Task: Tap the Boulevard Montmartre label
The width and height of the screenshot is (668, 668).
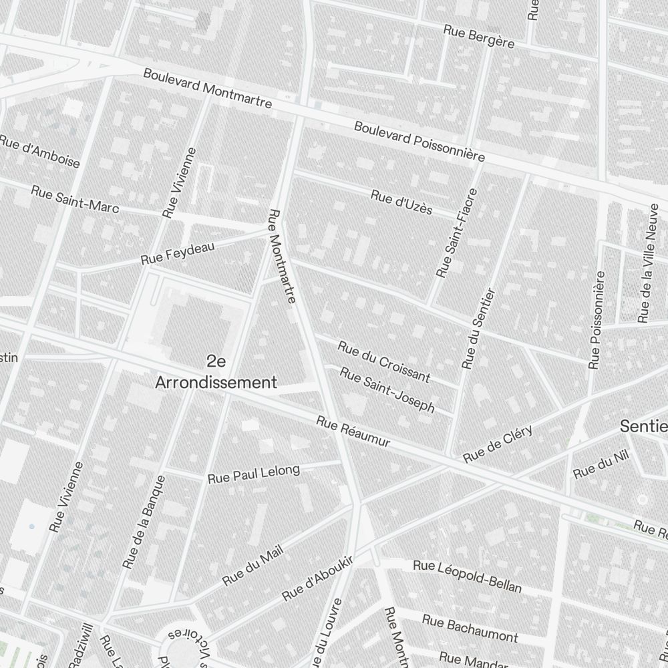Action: click(207, 88)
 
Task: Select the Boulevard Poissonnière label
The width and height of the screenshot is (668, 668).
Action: click(419, 141)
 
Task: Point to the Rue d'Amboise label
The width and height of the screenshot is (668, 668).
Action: click(39, 152)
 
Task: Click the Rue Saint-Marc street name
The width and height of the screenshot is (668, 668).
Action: click(75, 199)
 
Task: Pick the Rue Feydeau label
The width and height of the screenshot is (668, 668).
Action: click(178, 253)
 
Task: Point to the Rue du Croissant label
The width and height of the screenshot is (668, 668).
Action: click(384, 361)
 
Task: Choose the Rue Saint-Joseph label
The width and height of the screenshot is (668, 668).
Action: click(387, 389)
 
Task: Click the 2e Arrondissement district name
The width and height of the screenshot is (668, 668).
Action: click(216, 372)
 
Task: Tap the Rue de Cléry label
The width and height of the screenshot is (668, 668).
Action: click(498, 443)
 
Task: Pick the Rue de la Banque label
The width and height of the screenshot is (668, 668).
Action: click(144, 522)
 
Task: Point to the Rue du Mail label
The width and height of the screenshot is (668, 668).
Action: click(253, 564)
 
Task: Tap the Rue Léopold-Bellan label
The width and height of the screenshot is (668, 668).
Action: click(467, 576)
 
